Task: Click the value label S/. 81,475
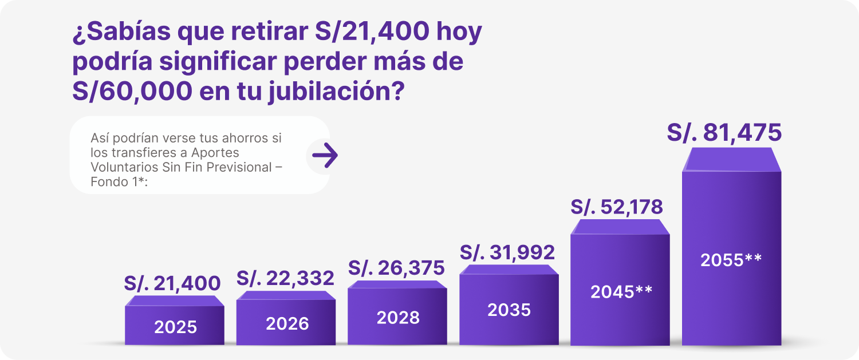724,133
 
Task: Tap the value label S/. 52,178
616,207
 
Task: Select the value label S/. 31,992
507,252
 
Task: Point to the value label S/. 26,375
396,267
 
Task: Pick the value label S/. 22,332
285,278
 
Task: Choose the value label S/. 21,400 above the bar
172,283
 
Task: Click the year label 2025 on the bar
175,327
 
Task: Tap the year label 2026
287,323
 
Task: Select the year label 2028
398,318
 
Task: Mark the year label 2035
509,310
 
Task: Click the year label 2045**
621,292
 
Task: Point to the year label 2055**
731,260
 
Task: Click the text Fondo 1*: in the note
119,182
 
